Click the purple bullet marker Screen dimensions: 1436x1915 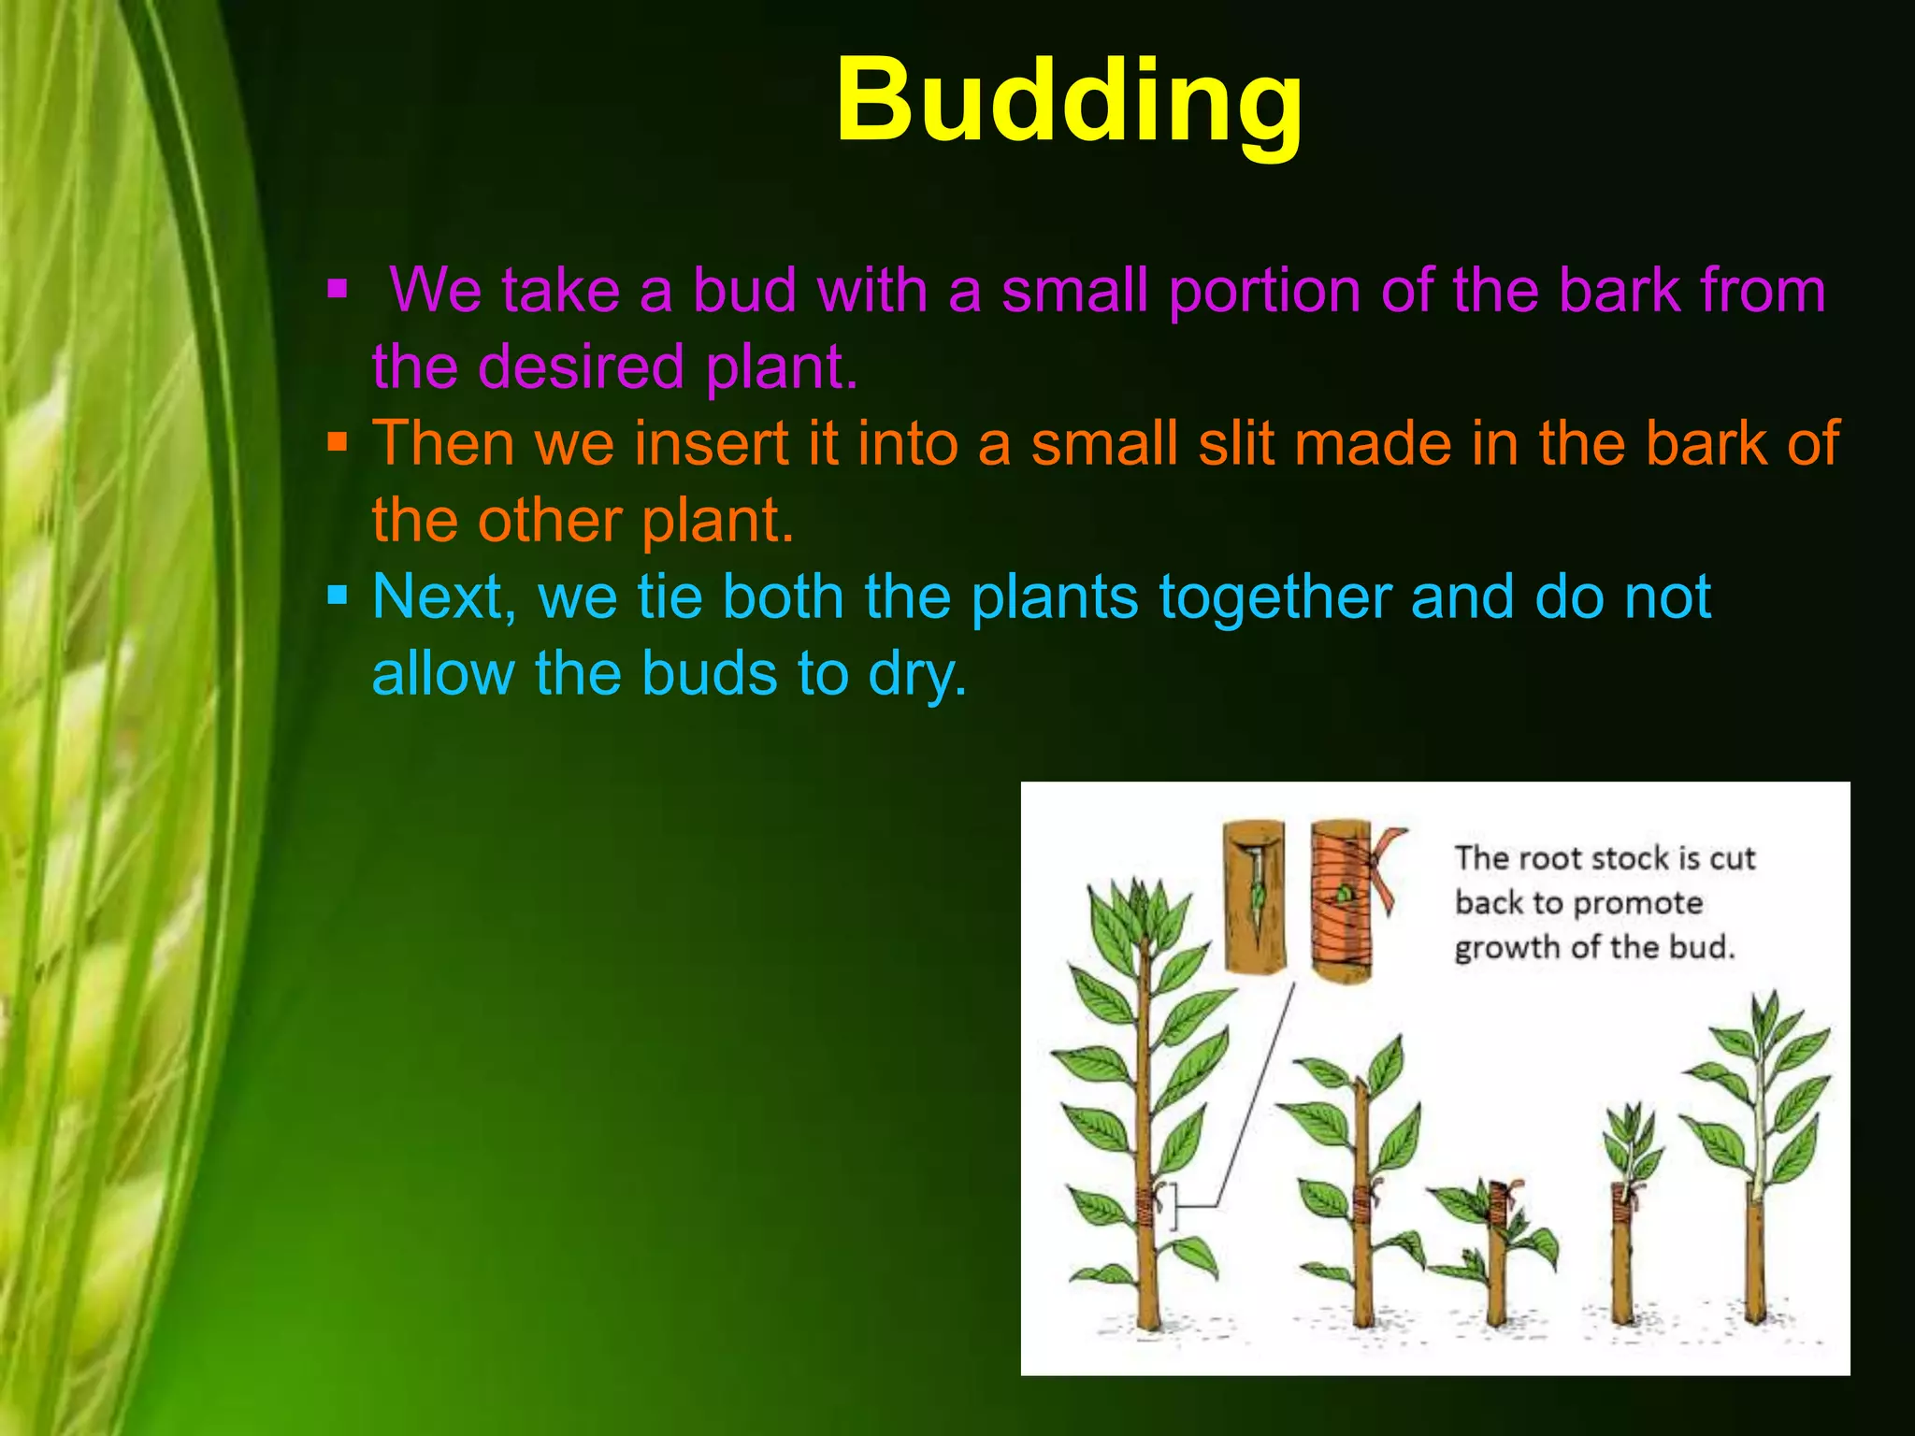338,287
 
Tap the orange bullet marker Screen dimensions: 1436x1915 338,439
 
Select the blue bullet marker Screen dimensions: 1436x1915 338,593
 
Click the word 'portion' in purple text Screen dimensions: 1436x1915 1264,292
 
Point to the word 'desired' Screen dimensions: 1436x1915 581,366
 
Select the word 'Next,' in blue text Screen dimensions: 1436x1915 445,598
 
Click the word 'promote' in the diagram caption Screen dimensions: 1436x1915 1638,904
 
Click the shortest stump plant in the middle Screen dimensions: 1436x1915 1496,1253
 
